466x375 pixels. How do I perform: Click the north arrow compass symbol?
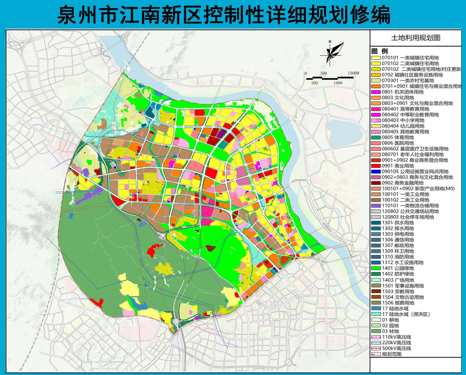click(331, 52)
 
